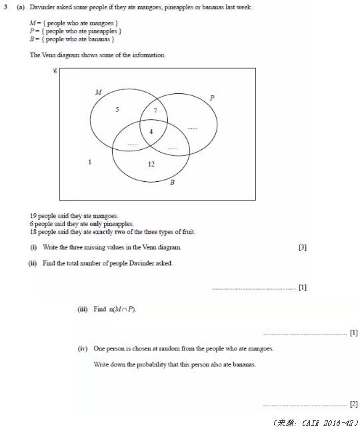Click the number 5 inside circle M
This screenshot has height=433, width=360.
coord(117,109)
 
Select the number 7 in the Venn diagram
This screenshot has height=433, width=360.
coord(155,110)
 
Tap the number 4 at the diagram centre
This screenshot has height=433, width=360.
coord(151,131)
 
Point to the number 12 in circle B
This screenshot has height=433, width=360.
coord(151,163)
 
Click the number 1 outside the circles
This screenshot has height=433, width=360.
coord(90,162)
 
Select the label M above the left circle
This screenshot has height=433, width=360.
coord(99,92)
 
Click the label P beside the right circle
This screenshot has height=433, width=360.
coord(212,98)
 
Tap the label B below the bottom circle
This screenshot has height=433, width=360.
coord(172,182)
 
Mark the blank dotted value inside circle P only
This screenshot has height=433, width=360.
coord(193,127)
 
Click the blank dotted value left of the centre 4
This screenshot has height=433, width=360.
coord(133,144)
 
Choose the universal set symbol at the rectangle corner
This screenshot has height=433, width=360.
coord(55,70)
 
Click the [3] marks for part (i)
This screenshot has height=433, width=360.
coord(303,247)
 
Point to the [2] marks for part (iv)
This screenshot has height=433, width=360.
coord(353,404)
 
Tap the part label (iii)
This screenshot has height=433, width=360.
coord(83,309)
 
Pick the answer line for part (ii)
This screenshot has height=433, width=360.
coord(253,288)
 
